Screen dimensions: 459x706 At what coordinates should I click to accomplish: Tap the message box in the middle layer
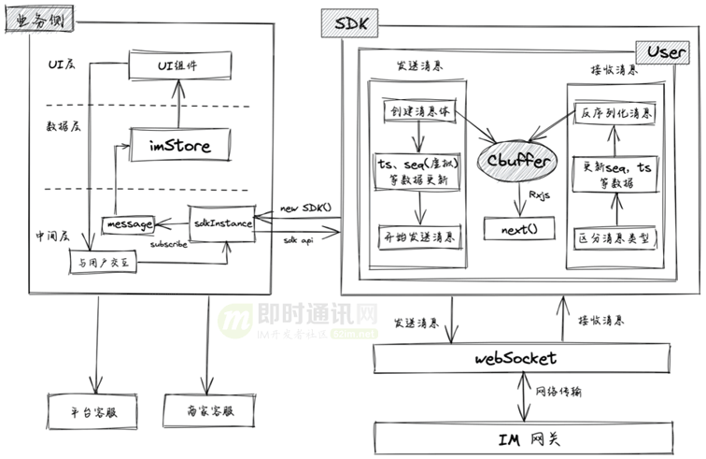129,224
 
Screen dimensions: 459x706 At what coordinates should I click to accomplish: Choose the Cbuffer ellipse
515,160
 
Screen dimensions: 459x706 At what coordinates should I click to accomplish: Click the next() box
517,227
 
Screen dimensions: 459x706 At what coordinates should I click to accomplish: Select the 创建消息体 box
417,110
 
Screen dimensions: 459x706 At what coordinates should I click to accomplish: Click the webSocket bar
515,357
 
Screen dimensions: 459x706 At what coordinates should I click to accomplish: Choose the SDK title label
346,22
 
